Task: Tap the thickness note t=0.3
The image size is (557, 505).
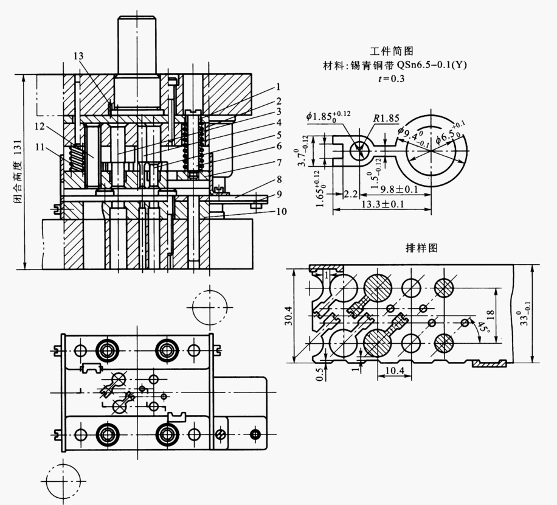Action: pos(392,78)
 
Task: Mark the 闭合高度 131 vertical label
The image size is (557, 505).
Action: pos(18,173)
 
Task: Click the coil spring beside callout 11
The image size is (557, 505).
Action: pos(75,157)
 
